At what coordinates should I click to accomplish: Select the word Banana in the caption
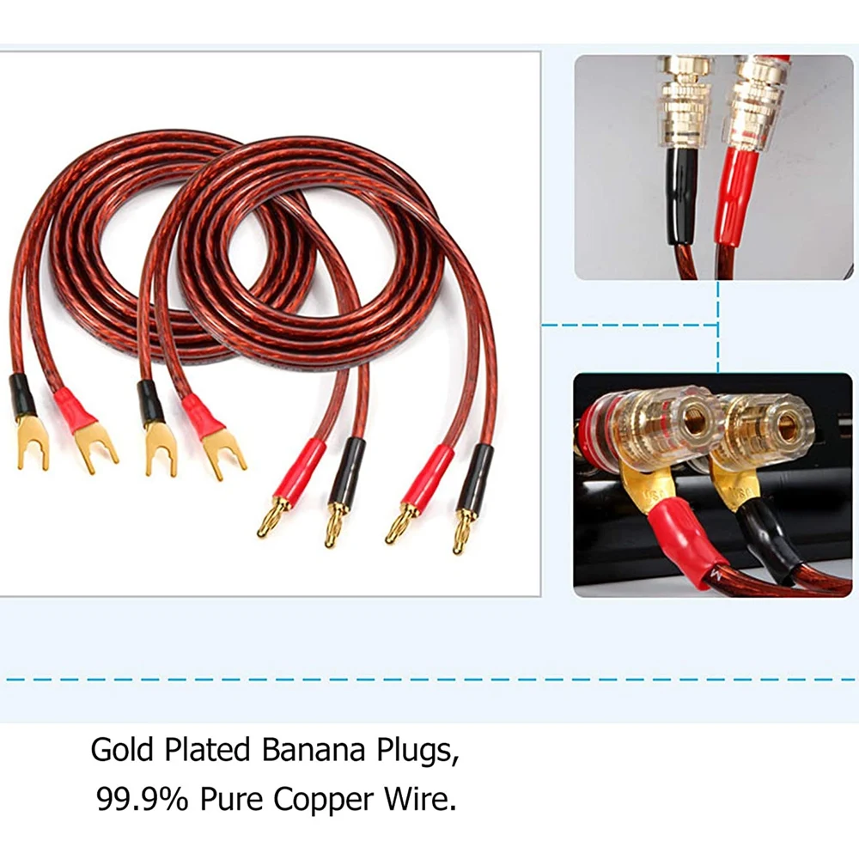[x=301, y=750]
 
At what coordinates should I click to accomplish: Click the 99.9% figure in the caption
[x=142, y=800]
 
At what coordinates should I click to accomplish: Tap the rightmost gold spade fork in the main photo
[x=226, y=453]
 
